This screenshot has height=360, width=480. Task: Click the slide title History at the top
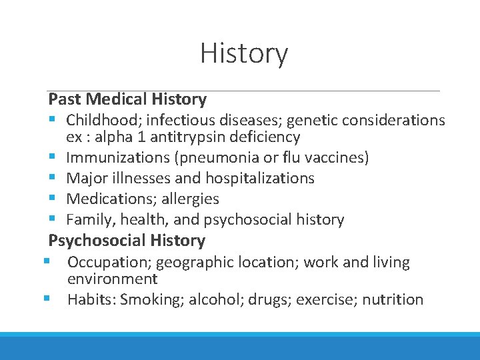tap(244, 53)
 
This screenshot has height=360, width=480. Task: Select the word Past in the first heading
tap(64, 99)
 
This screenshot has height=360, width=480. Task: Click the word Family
tap(87, 219)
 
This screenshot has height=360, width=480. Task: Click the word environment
tap(112, 279)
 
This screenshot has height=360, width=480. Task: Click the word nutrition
tap(393, 299)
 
